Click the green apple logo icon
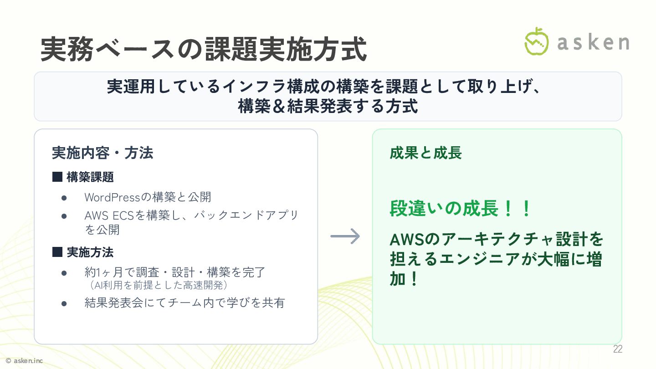[537, 41]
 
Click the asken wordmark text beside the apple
[593, 42]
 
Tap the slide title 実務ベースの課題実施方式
[204, 50]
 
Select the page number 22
[617, 349]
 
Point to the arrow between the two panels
[345, 236]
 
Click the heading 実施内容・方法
[102, 153]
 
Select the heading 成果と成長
[425, 153]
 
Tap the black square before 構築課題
[57, 177]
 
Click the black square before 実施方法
[57, 252]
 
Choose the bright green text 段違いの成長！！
[461, 209]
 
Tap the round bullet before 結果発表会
[64, 303]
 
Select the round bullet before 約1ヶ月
[64, 273]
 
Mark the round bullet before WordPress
[64, 198]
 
